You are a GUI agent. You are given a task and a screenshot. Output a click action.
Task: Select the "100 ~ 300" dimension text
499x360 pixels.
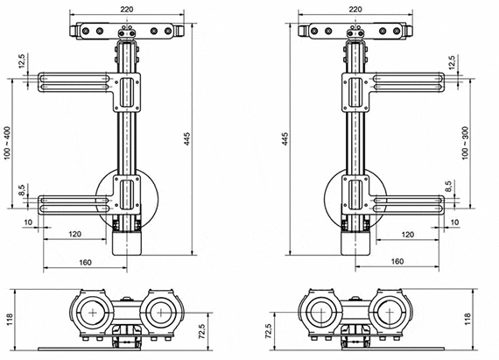pos(465,143)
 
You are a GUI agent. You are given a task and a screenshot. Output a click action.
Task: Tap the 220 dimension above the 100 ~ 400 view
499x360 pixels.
pos(129,9)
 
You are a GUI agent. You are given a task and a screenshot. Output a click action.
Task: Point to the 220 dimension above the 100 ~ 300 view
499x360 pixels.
pos(355,9)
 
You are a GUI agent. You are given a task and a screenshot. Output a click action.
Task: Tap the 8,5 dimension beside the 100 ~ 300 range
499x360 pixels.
pos(448,186)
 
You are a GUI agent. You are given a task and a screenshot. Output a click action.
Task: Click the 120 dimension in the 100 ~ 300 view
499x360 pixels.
pos(408,235)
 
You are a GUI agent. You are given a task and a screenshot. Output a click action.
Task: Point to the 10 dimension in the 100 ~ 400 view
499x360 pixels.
pos(29,222)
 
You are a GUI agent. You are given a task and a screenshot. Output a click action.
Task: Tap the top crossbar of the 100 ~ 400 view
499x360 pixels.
pos(129,31)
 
